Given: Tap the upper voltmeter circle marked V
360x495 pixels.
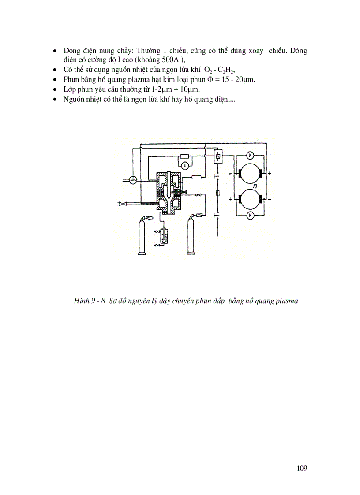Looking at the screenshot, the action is [250, 155].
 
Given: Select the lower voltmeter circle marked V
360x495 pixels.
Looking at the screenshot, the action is [250, 215].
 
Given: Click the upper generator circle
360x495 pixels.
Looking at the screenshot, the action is [250, 174].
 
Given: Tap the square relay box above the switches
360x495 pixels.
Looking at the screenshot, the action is [217, 156].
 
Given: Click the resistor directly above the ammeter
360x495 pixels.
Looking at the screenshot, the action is [185, 156].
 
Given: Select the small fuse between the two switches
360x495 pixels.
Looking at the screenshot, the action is [217, 194].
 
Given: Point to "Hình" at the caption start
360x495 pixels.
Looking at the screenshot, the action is [81, 301].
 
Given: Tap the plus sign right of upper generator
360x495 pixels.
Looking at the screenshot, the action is [269, 173].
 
